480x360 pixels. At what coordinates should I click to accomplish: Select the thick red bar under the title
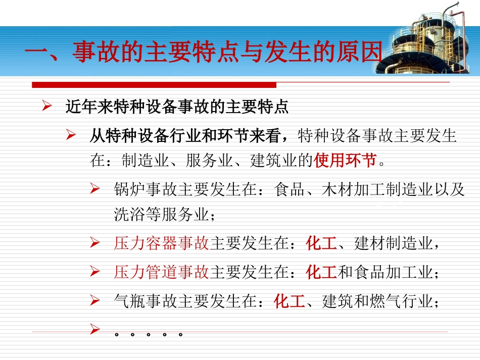click(154, 85)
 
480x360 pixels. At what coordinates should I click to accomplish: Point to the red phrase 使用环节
click(345, 161)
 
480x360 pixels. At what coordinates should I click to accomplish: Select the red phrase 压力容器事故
click(161, 243)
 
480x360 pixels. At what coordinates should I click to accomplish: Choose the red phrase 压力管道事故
click(161, 273)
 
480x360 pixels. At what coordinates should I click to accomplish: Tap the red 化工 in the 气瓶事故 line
click(290, 302)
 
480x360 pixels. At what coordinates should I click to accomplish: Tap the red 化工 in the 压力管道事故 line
click(321, 273)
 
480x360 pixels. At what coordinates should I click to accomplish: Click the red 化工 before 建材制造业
click(321, 243)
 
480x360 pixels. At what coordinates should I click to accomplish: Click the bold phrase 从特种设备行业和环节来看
click(187, 135)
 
